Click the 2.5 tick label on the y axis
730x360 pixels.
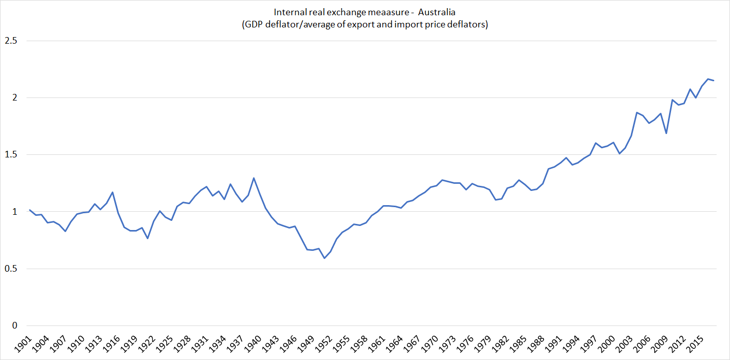coord(10,41)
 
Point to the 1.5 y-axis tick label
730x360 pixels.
coord(10,155)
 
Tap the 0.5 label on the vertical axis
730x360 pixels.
coord(10,269)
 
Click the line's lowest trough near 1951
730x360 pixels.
coord(324,258)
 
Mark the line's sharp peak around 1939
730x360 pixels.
coord(253,178)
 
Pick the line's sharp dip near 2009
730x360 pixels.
coord(666,134)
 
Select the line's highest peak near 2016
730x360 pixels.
coord(708,79)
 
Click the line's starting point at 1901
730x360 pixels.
coord(29,210)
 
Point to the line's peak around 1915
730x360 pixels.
coord(112,192)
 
